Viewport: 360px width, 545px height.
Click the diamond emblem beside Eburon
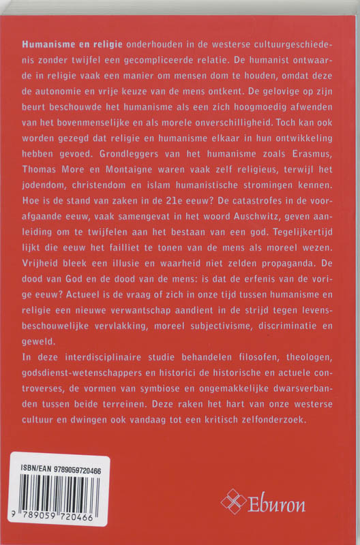pyautogui.click(x=233, y=503)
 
